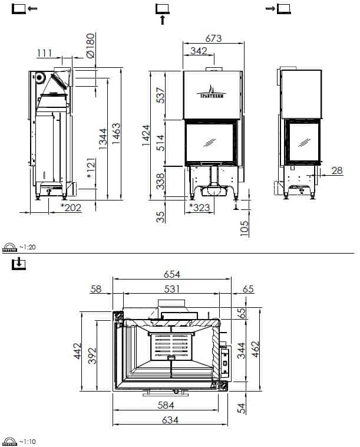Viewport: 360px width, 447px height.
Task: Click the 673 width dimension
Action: (213, 38)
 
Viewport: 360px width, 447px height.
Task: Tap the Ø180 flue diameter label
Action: (91, 46)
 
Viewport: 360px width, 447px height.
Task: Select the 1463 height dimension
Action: (116, 133)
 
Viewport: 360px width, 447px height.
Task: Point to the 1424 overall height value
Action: (146, 135)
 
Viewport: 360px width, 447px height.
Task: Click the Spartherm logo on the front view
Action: (212, 92)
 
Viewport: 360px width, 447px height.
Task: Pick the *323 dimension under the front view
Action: (200, 208)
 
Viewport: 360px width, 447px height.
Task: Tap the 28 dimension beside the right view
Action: (337, 170)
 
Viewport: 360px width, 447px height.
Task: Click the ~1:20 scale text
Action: (28, 247)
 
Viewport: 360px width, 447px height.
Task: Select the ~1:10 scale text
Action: (28, 442)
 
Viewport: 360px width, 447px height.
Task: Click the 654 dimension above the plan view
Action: (172, 274)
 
